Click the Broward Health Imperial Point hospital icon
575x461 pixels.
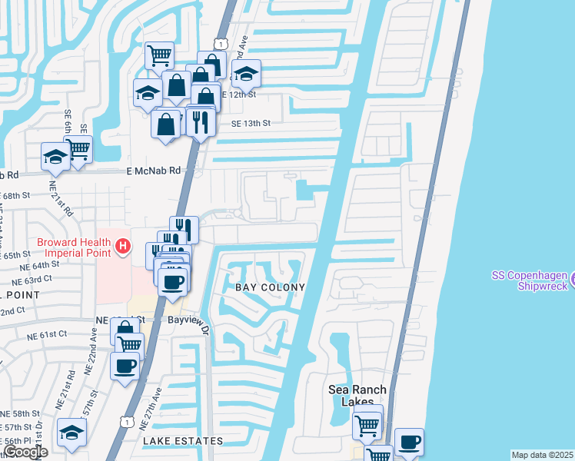[x=122, y=247]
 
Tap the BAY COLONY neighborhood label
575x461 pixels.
[x=269, y=287]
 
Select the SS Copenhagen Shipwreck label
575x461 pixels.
[x=530, y=280]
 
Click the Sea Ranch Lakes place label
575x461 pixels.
[x=357, y=395]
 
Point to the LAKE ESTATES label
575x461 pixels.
[x=183, y=441]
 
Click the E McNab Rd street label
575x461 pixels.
[x=153, y=172]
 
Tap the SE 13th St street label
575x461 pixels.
[x=251, y=123]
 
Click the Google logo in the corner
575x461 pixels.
[x=25, y=453]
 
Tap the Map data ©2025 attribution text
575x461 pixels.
[x=542, y=455]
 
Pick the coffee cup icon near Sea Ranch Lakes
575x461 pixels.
[x=409, y=441]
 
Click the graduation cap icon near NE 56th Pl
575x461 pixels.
[x=71, y=432]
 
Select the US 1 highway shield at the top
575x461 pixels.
[x=221, y=46]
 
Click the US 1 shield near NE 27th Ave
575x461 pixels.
[x=125, y=420]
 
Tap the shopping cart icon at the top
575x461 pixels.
[x=159, y=55]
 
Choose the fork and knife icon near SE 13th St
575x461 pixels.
[x=200, y=120]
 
